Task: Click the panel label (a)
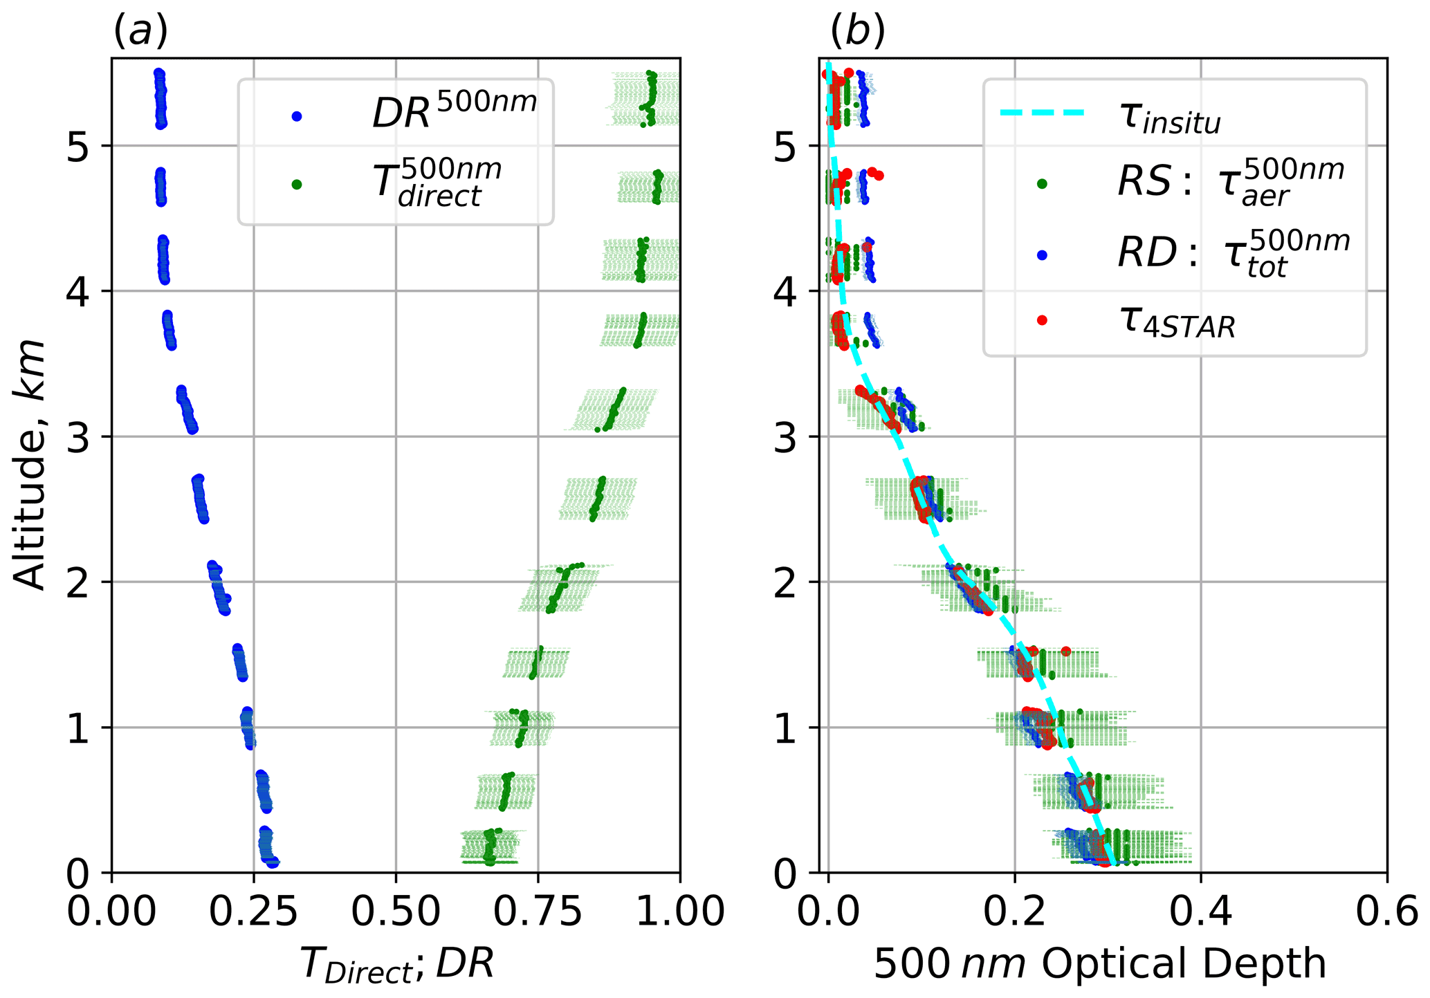coord(140,31)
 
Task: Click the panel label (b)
coord(857,31)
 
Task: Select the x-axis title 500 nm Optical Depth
coord(1100,963)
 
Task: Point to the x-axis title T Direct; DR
coord(397,963)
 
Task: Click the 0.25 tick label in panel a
coord(253,912)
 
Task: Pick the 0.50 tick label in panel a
coord(396,912)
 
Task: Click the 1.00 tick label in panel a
coord(680,912)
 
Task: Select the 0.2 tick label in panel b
coord(1014,912)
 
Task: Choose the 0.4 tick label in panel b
coord(1200,912)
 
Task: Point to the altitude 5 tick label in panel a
coord(78,147)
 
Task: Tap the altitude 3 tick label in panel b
coord(785,437)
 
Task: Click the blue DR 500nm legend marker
coord(297,116)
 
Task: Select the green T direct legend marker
coord(297,185)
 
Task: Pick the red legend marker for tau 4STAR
coord(1042,320)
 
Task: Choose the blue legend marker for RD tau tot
coord(1042,255)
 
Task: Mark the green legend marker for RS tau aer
coord(1042,184)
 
